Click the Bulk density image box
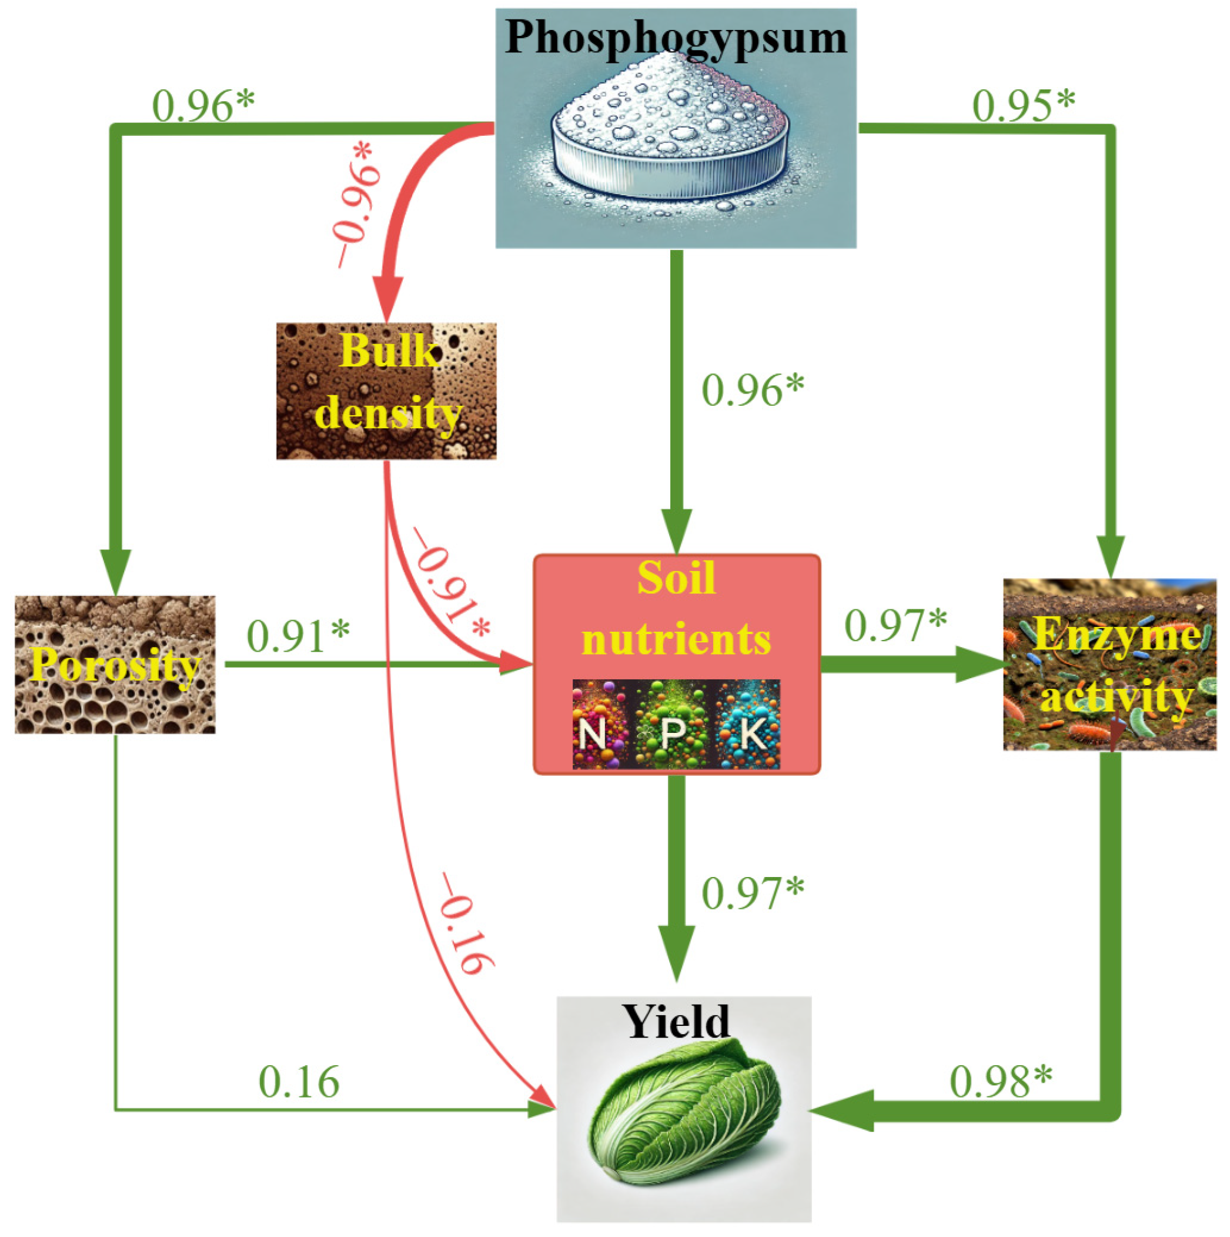(386, 391)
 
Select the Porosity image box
(115, 664)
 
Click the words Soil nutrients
(676, 608)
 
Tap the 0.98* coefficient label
(1000, 1082)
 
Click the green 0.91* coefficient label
(298, 636)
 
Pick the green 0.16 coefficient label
(299, 1083)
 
